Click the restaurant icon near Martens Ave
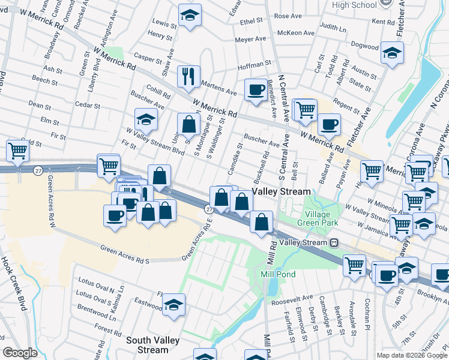click(x=189, y=76)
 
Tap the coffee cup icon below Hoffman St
click(x=256, y=90)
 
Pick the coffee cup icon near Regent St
click(x=329, y=125)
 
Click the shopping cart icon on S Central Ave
click(x=306, y=110)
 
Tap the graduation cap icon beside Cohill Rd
click(x=146, y=119)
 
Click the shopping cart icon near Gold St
click(x=17, y=151)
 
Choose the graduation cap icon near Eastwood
click(x=173, y=305)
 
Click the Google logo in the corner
click(x=20, y=353)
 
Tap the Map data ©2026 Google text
click(x=411, y=355)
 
